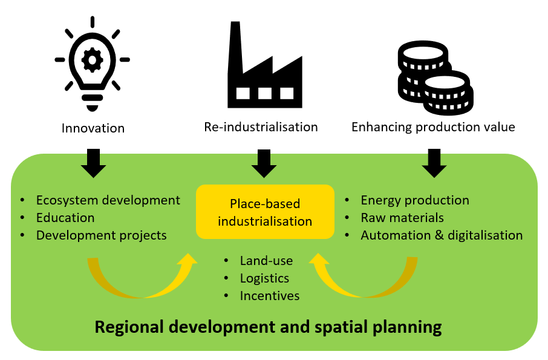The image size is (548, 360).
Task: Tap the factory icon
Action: point(264,67)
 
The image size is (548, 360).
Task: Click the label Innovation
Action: point(93,128)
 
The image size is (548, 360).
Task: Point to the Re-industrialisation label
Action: point(261,127)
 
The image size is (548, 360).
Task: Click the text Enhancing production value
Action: point(433,127)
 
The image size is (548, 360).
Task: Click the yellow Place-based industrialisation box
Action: point(265,212)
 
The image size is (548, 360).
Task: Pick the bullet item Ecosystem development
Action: point(108,200)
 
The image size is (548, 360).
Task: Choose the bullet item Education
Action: point(65,218)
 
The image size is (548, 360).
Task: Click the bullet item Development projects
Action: point(101,235)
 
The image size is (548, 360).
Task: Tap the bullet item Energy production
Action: point(415,200)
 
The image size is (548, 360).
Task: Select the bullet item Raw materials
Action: point(402,218)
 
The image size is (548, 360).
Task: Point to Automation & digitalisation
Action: point(442,235)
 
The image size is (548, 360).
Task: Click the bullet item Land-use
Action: point(266,261)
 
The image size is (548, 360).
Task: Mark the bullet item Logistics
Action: point(264,278)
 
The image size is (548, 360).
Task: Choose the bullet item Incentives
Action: point(270,296)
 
